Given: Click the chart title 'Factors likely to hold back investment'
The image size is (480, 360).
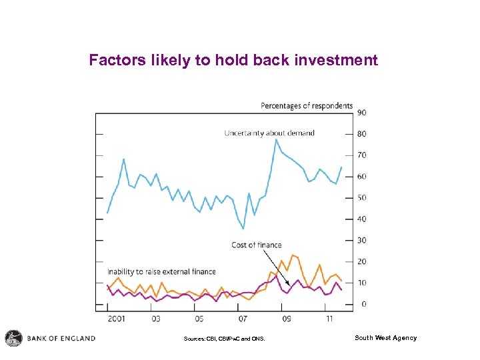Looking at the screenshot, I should point(233,61).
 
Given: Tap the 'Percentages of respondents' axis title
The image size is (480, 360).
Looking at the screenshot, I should point(307,105).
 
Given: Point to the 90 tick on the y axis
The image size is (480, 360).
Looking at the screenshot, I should point(361,113).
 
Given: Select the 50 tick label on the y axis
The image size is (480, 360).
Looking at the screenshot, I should point(361,198).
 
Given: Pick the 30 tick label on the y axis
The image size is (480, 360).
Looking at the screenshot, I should point(361,241).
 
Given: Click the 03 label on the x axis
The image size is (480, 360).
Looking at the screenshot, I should point(155,319).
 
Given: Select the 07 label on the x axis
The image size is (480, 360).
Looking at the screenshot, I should point(242,319).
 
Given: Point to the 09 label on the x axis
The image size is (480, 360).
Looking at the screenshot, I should point(285,319).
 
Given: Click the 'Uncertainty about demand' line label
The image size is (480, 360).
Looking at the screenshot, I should point(269,133).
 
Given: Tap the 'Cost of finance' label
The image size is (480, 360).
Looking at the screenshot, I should point(257,245).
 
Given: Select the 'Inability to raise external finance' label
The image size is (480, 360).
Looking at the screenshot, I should point(161,271).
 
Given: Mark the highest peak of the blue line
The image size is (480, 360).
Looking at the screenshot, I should point(276,139).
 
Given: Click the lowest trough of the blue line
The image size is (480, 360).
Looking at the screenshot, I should point(243,229).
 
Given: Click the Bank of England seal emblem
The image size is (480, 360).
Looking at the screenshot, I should point(13,338).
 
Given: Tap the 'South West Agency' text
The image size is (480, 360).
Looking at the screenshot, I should point(385,338).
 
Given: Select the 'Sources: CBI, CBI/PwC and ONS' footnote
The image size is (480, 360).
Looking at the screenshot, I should point(224,339).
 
